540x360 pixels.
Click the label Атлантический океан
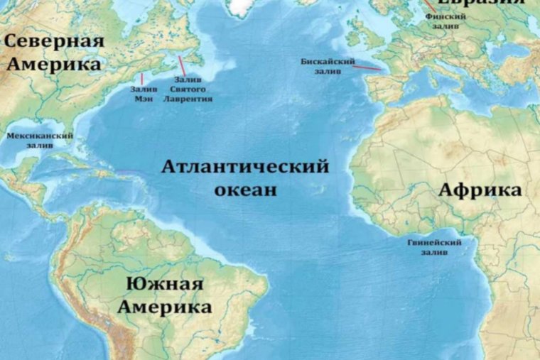coord(244,178)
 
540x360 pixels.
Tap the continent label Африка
coord(480,190)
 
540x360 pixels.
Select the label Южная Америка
coord(165,295)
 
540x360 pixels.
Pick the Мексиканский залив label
coord(40,140)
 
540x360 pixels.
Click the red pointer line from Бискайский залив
coord(366,67)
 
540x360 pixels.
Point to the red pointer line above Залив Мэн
coord(141,79)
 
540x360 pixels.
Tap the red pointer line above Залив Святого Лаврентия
coord(183,66)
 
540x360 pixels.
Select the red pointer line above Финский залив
coord(430,5)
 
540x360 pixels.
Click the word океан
coord(244,190)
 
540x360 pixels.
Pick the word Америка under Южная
coord(165,307)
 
